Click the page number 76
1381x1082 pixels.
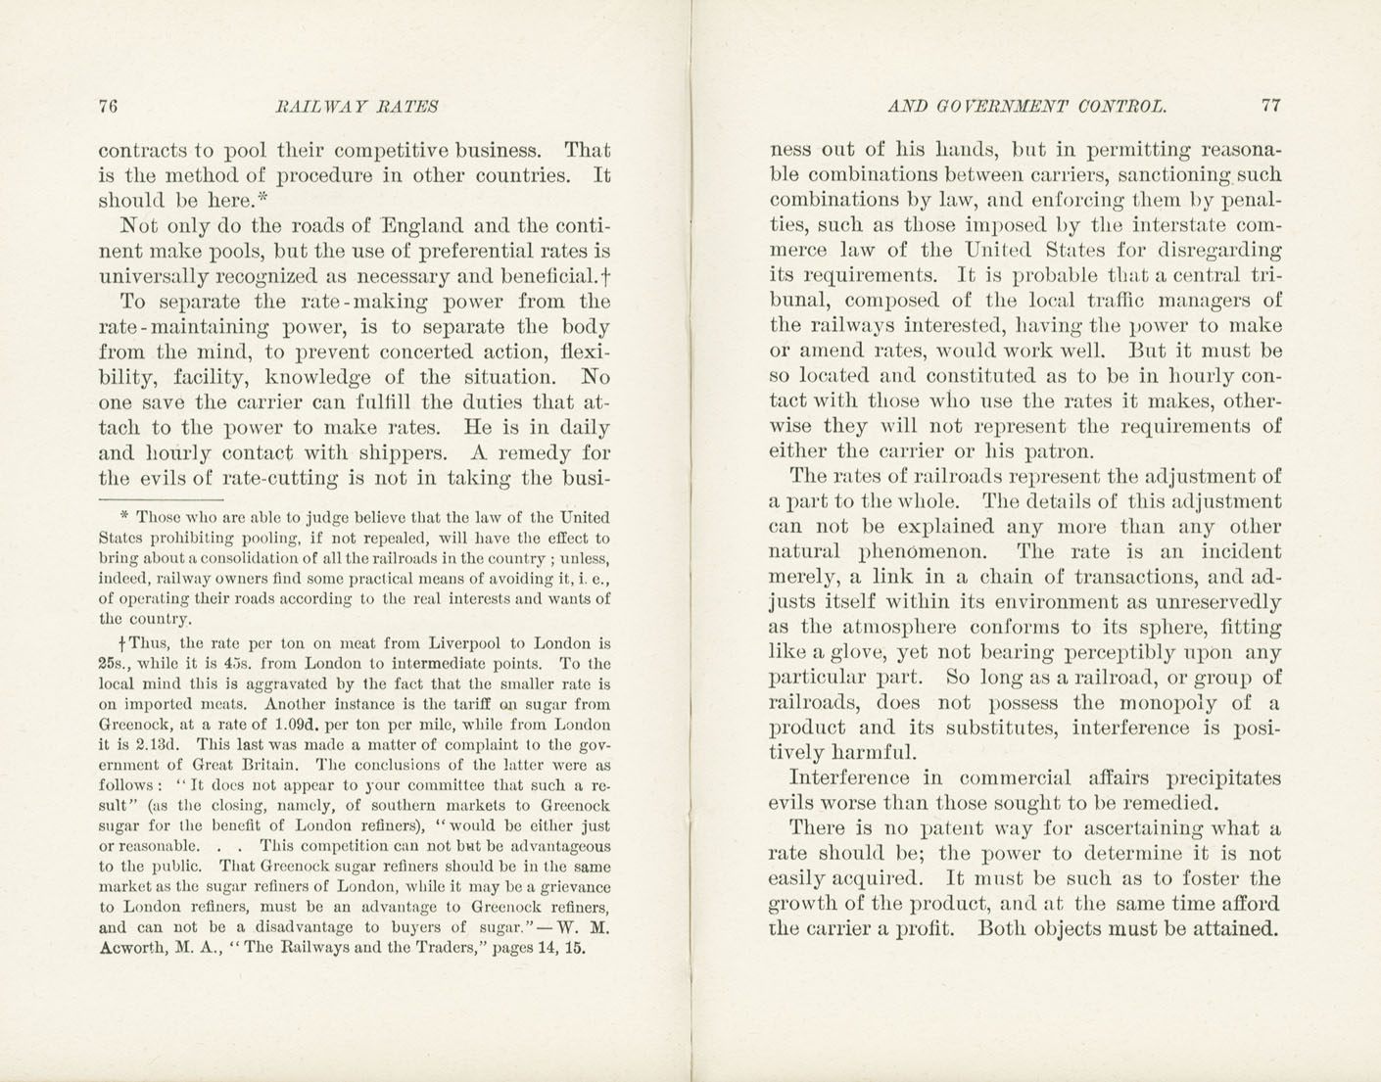[x=109, y=107]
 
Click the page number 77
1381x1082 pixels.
[x=1271, y=107]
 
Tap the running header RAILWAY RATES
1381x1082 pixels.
[x=357, y=107]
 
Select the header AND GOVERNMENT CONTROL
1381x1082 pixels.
[x=1027, y=107]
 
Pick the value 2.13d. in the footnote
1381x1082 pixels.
[x=143, y=745]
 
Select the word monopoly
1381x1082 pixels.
[x=1167, y=703]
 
